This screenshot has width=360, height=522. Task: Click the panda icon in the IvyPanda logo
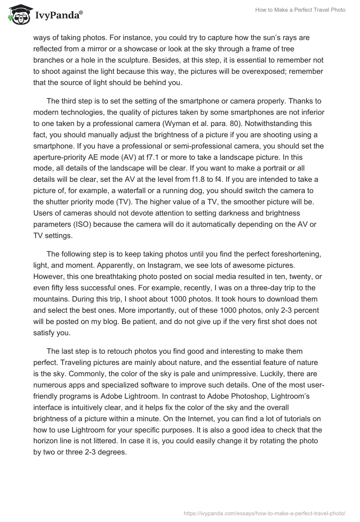click(x=18, y=15)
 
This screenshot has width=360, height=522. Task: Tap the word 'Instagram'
click(x=130, y=264)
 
